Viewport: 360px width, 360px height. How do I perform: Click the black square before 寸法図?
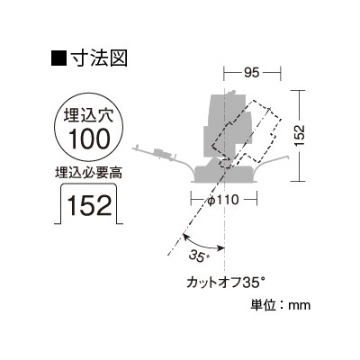click(x=58, y=58)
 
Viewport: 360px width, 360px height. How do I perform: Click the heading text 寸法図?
click(x=98, y=58)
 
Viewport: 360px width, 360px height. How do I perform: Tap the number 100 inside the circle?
click(x=89, y=139)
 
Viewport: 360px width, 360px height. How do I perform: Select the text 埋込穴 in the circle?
click(x=89, y=115)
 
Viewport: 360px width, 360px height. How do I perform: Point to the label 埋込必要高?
click(x=89, y=172)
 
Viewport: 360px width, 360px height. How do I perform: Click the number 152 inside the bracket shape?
click(x=89, y=205)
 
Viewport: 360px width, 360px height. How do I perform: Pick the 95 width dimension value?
click(x=251, y=73)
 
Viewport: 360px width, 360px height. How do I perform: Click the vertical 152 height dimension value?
click(x=299, y=136)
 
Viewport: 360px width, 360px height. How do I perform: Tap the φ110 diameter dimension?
click(x=223, y=200)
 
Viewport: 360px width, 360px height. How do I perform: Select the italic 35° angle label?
click(x=198, y=256)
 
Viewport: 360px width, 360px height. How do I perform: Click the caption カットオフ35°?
click(x=226, y=283)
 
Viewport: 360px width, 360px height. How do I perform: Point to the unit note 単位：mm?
click(x=280, y=305)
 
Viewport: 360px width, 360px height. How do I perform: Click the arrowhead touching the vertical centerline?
click(x=221, y=247)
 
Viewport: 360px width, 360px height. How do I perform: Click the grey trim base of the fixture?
click(x=224, y=174)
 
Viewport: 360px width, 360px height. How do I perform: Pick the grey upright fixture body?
click(x=225, y=126)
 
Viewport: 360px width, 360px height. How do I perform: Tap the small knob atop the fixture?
click(x=230, y=93)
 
